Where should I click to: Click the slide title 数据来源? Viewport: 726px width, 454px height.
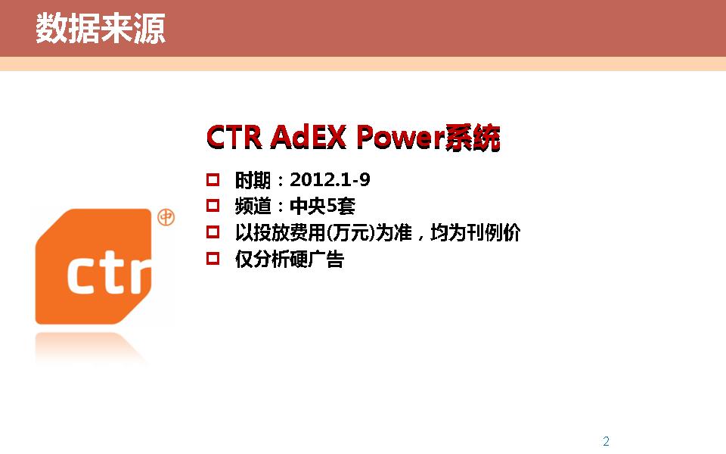click(101, 28)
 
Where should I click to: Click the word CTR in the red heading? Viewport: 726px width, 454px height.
click(234, 137)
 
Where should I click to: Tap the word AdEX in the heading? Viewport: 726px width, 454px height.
click(309, 137)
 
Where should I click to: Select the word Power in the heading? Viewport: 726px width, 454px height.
click(400, 137)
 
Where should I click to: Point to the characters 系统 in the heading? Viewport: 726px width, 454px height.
click(472, 137)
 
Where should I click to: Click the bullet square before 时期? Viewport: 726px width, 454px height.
click(213, 180)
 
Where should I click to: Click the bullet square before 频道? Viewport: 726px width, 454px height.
click(213, 206)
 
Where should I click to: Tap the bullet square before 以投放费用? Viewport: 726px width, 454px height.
click(213, 232)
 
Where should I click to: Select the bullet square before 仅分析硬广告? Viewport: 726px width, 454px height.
click(213, 259)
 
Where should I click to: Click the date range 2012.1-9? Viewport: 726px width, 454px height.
click(330, 180)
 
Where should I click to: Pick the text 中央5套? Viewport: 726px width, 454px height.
click(323, 206)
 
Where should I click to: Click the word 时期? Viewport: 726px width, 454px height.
click(253, 180)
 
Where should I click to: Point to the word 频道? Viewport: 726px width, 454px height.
click(253, 206)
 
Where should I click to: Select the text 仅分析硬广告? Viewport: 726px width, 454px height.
click(290, 259)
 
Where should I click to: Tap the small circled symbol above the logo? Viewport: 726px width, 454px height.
click(166, 217)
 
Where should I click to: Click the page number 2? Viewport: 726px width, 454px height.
click(606, 440)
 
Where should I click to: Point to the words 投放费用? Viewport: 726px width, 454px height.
click(290, 232)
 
